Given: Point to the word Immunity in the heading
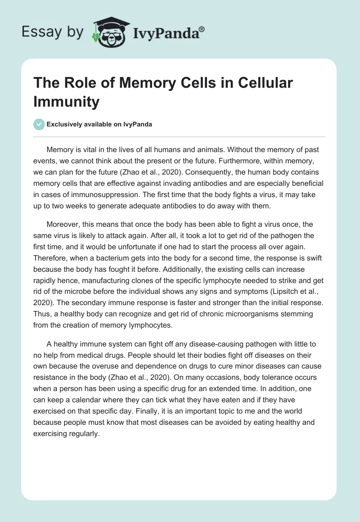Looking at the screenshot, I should [x=67, y=102].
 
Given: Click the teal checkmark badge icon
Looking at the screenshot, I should [x=39, y=124].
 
